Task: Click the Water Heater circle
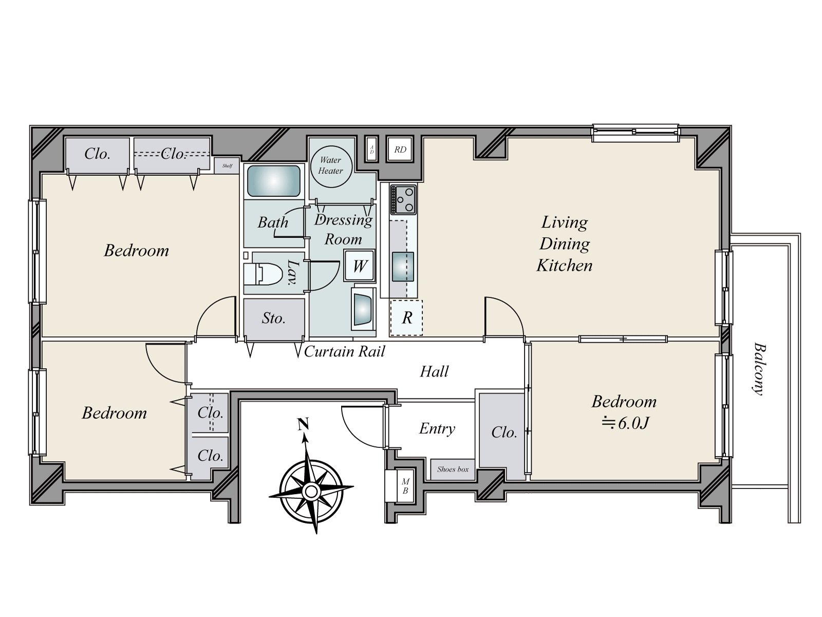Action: click(x=330, y=166)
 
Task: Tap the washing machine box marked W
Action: click(x=359, y=266)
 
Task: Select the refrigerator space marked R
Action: click(x=406, y=318)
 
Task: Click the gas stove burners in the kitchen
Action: click(x=403, y=199)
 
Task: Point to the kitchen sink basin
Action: click(x=403, y=266)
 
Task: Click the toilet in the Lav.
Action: click(x=267, y=274)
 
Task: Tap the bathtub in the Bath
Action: click(x=273, y=180)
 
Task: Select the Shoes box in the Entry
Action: click(x=453, y=469)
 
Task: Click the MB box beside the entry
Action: click(x=404, y=486)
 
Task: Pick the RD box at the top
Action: click(x=400, y=150)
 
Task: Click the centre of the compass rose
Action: click(x=311, y=492)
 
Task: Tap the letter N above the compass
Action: click(x=303, y=425)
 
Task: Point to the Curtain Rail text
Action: click(x=344, y=352)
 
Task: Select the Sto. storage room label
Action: click(x=273, y=318)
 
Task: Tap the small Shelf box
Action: click(x=227, y=166)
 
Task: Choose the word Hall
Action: click(x=434, y=371)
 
